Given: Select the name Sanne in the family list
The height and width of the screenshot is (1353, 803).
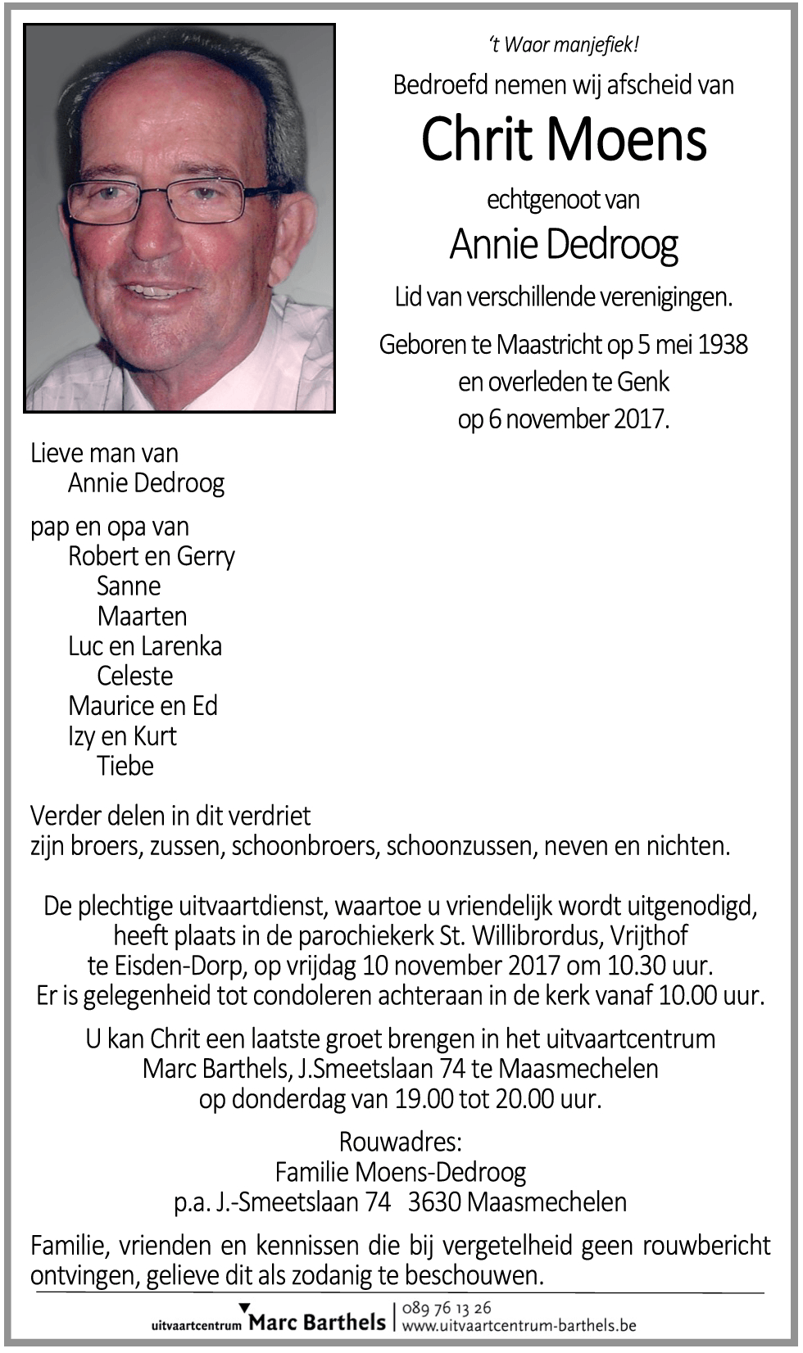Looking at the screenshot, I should [x=129, y=586].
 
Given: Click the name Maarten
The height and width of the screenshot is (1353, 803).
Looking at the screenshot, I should [x=142, y=616].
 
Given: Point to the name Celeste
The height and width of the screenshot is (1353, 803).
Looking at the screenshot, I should [x=134, y=676].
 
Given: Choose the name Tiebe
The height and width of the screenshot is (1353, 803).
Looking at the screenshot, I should [x=125, y=766].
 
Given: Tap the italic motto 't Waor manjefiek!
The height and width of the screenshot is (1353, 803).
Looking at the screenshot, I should [x=563, y=44].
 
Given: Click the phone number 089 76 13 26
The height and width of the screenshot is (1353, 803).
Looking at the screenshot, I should [x=447, y=1307].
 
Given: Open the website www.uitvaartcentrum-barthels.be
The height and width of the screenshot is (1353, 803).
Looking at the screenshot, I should [x=519, y=1325].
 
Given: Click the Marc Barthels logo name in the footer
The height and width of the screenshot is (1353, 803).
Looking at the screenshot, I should [x=316, y=1322].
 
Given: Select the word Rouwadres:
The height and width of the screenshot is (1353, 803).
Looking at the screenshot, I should [x=401, y=1141].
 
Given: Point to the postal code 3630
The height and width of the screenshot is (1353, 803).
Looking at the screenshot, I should [x=434, y=1201].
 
